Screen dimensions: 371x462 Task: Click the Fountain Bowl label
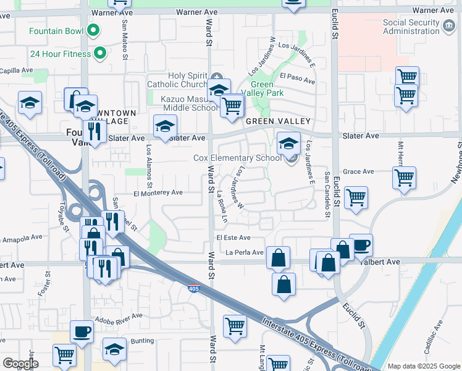56,30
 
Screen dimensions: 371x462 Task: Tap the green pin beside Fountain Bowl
93,30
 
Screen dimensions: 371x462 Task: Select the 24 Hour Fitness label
61,53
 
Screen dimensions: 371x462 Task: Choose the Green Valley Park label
267,89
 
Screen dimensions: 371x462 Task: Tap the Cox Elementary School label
238,158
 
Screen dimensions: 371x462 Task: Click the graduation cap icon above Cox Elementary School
288,143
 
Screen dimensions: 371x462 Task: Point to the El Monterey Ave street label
158,193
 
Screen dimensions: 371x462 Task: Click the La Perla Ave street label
245,252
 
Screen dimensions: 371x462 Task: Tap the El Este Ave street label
233,237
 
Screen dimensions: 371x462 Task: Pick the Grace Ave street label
358,171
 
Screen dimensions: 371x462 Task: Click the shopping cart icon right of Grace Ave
404,177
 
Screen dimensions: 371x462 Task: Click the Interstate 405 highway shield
193,289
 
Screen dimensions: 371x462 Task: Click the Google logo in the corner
20,363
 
